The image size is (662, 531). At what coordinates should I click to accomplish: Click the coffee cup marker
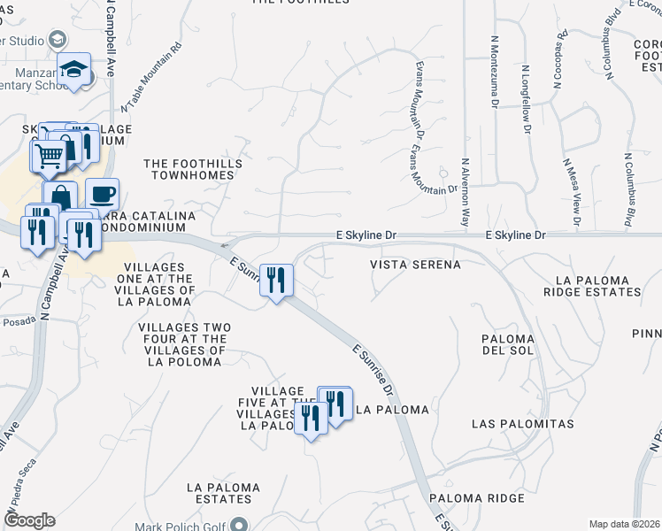(103, 194)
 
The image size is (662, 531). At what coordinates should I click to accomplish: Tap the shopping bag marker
(60, 198)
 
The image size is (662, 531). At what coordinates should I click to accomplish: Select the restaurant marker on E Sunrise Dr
(277, 282)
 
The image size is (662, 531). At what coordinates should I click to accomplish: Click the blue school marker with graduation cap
(74, 70)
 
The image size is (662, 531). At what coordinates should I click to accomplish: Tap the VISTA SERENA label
(415, 265)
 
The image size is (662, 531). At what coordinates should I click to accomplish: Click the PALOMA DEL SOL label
(508, 346)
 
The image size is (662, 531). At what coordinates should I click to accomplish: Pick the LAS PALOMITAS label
(522, 424)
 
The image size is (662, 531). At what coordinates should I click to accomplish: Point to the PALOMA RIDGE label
(477, 498)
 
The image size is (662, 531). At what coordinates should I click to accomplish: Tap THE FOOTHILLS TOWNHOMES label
(189, 169)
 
